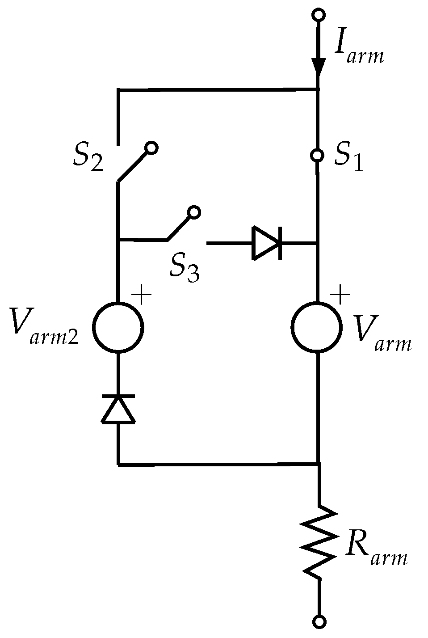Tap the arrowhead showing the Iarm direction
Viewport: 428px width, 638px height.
point(318,65)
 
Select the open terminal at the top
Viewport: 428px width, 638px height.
point(318,15)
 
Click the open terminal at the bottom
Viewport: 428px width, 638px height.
point(319,621)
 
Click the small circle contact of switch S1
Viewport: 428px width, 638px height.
point(317,156)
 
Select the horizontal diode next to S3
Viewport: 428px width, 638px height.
point(267,243)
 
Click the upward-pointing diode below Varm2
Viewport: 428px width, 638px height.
point(118,409)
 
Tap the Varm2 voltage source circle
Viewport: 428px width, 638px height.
point(118,327)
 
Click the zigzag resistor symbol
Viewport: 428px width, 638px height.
point(319,541)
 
